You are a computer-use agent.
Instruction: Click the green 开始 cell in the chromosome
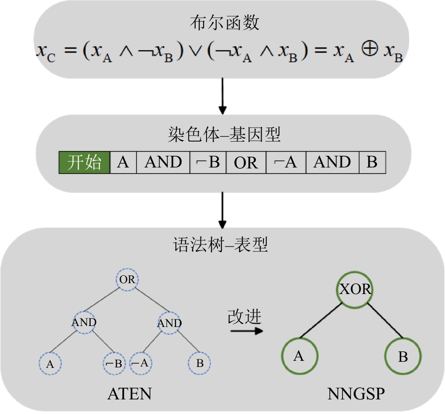tap(84, 163)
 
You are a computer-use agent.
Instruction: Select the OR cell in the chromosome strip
tap(246, 163)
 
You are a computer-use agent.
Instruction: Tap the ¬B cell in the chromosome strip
tap(208, 163)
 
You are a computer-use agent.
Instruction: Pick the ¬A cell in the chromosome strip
tap(286, 163)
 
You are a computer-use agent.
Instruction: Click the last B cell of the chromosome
tap(372, 163)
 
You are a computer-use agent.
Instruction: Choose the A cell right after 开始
tap(123, 163)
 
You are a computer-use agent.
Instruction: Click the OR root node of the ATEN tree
tap(127, 279)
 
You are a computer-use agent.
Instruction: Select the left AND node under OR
tap(84, 323)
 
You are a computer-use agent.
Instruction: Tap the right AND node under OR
tap(169, 323)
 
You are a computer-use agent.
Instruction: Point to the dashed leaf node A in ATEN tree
tap(50, 364)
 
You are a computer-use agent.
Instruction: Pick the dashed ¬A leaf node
tap(140, 364)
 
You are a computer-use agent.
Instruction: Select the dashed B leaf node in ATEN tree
tap(199, 364)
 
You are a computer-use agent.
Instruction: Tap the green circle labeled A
tap(299, 356)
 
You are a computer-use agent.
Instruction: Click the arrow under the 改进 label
tap(246, 331)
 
